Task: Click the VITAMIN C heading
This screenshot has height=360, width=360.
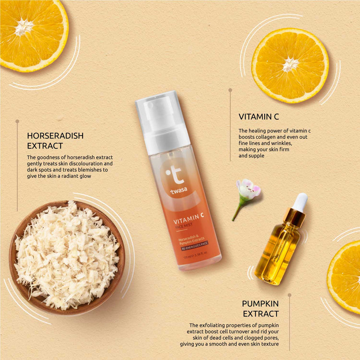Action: [x=259, y=116]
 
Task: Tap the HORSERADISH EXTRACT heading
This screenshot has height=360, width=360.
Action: [x=55, y=140]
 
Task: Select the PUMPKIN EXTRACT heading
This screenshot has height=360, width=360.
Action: [x=260, y=308]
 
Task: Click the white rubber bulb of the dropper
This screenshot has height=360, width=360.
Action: [x=300, y=200]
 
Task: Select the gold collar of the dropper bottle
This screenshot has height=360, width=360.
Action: [x=294, y=217]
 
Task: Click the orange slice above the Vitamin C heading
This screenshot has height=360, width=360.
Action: [x=290, y=64]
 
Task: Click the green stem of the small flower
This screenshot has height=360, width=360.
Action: [x=237, y=210]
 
